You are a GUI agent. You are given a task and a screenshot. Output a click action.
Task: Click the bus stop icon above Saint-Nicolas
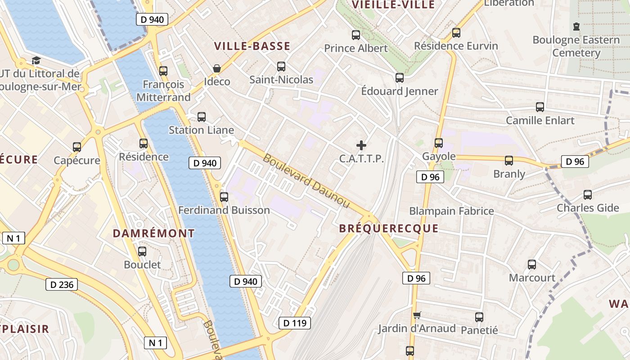(x=281, y=67)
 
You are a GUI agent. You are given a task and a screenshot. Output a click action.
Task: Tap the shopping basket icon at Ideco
(x=217, y=68)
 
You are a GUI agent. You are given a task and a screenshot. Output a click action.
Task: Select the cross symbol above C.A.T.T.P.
(x=361, y=145)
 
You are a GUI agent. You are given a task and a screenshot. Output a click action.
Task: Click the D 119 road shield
(x=295, y=323)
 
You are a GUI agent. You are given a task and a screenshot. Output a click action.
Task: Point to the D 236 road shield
(x=62, y=284)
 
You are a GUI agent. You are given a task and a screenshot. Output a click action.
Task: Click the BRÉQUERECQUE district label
(x=388, y=229)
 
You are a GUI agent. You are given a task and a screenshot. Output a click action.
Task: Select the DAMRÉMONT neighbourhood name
(x=153, y=233)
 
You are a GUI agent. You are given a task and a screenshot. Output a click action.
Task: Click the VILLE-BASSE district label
(x=252, y=46)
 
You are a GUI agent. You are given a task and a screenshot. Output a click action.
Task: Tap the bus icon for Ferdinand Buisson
(x=224, y=197)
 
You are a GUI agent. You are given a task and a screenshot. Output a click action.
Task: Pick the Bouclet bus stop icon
(x=142, y=252)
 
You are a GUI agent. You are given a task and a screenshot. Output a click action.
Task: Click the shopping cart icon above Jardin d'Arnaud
(x=417, y=315)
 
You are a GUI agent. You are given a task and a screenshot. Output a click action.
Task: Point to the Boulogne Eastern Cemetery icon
(x=576, y=27)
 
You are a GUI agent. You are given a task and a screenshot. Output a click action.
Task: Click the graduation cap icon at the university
(x=36, y=60)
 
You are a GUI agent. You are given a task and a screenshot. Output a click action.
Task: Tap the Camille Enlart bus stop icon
(x=540, y=107)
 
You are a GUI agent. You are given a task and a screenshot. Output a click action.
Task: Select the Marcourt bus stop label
(x=532, y=278)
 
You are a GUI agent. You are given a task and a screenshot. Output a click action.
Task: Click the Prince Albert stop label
(x=355, y=48)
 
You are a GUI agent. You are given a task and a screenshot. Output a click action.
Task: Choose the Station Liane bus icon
(x=202, y=117)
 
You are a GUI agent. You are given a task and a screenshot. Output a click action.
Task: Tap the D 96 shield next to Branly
(x=575, y=162)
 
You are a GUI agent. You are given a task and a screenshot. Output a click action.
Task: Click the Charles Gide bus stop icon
(x=588, y=195)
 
